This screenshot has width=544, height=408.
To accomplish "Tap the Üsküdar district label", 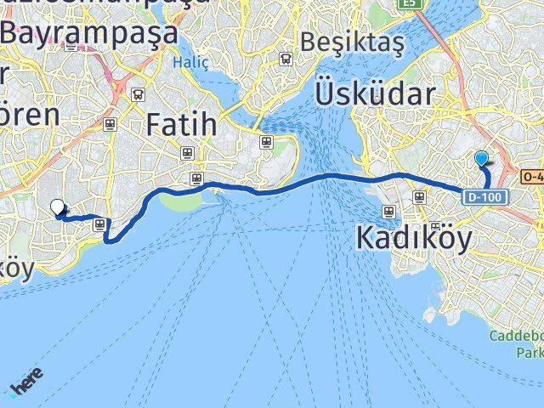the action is pyautogui.click(x=375, y=93).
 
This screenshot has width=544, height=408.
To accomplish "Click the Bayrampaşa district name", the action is pyautogui.click(x=89, y=34).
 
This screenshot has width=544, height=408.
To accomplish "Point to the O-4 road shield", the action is pyautogui.click(x=532, y=176).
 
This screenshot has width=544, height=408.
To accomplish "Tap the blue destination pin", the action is pyautogui.click(x=482, y=159).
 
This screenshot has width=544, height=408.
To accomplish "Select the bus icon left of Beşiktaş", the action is pyautogui.click(x=286, y=59).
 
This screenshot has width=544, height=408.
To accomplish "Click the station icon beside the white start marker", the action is pyautogui.click(x=100, y=224).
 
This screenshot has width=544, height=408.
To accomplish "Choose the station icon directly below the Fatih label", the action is pyautogui.click(x=187, y=154).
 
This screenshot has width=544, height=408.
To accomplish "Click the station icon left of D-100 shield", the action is pyautogui.click(x=419, y=197).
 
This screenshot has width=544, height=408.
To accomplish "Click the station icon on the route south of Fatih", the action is pyautogui.click(x=197, y=179).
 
